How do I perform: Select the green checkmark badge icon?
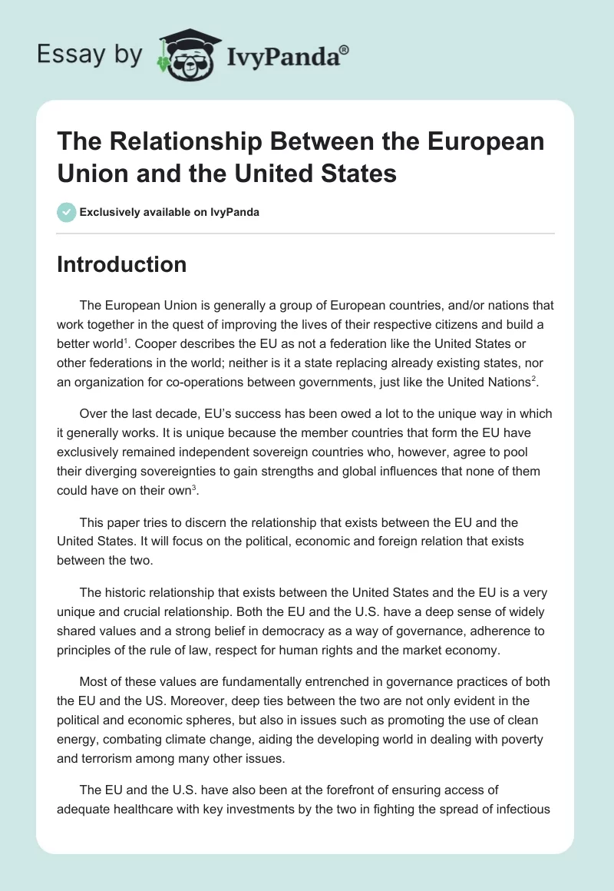click(x=66, y=212)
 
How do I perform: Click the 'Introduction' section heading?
click(x=121, y=264)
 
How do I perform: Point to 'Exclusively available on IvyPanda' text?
click(x=170, y=212)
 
